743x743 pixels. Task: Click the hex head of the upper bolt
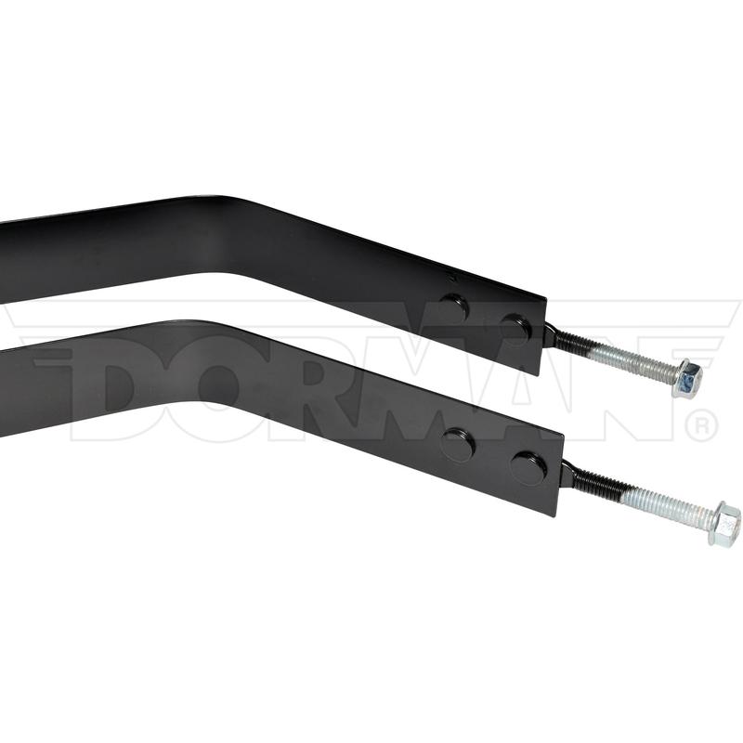687,379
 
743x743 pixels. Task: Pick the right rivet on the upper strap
515,327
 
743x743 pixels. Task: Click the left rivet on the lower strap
457,444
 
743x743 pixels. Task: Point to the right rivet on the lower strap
528,467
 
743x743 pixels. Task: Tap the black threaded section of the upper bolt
568,343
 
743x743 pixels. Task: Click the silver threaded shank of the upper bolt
632,362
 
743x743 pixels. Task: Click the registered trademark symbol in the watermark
701,425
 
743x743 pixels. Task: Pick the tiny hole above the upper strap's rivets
450,277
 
